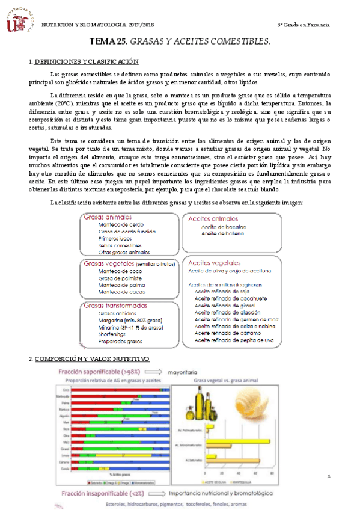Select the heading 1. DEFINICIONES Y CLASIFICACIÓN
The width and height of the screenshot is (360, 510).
[x=84, y=62]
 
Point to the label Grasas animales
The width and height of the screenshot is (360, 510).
[x=109, y=217]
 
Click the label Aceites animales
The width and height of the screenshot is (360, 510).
[x=213, y=219]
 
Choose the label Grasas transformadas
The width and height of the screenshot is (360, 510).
[x=116, y=305]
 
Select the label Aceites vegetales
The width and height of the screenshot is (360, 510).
[x=215, y=263]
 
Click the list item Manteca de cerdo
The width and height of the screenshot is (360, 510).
[x=121, y=224]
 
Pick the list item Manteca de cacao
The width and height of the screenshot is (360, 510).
[x=121, y=292]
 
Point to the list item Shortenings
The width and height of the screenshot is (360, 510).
[x=114, y=334]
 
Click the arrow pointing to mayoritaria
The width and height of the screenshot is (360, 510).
[x=158, y=372]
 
